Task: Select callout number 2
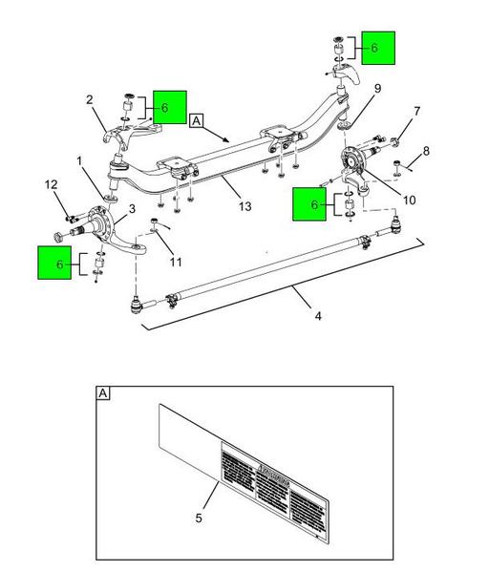click(x=89, y=98)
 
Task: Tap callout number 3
click(x=131, y=207)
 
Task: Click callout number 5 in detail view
click(x=199, y=518)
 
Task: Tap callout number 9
click(x=377, y=90)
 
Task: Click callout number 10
click(x=409, y=200)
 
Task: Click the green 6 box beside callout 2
click(x=169, y=108)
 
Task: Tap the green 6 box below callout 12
click(x=55, y=263)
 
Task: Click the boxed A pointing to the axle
click(x=197, y=121)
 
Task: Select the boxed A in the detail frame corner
click(x=103, y=392)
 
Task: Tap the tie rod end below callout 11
click(x=137, y=307)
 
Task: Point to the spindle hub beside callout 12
click(x=96, y=219)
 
